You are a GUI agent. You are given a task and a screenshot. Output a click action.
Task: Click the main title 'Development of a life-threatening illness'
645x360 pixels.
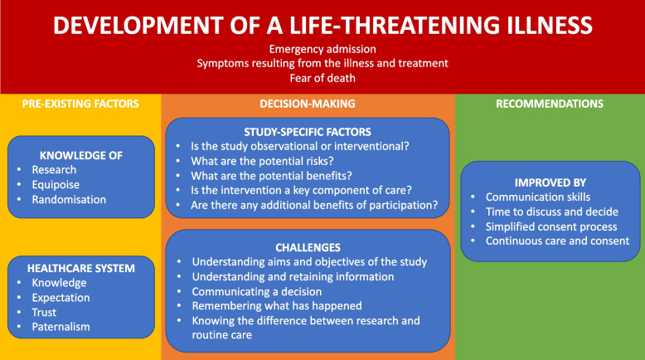322,24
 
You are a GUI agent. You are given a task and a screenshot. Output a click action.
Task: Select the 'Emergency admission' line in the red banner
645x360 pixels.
322,50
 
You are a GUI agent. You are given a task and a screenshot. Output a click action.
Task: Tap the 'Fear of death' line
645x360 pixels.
322,79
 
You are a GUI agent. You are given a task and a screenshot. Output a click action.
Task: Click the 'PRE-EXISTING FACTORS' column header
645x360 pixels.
80,104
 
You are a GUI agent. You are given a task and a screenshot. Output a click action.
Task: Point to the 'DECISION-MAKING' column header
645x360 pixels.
308,104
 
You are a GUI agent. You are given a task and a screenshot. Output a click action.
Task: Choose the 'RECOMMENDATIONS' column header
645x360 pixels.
549,104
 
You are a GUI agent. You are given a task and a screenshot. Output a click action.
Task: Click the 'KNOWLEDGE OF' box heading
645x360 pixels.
81,154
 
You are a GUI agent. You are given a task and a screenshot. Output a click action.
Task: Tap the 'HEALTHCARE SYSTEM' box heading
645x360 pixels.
81,267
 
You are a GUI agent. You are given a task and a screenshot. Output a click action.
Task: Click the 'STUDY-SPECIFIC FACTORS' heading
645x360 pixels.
308,131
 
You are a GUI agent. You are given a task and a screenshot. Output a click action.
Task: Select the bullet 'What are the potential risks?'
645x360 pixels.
262,161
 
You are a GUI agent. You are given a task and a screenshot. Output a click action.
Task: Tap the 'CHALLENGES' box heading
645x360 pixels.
308,246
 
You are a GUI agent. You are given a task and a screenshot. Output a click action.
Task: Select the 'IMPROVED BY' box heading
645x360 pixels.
549,181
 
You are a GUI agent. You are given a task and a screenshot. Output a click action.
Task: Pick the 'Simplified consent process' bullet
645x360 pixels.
551,226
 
